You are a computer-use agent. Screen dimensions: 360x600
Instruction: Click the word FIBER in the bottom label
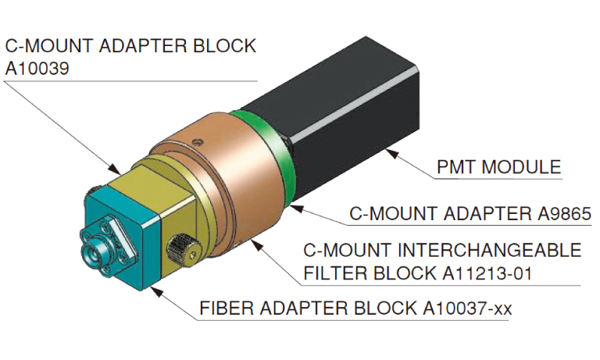click(x=222, y=308)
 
